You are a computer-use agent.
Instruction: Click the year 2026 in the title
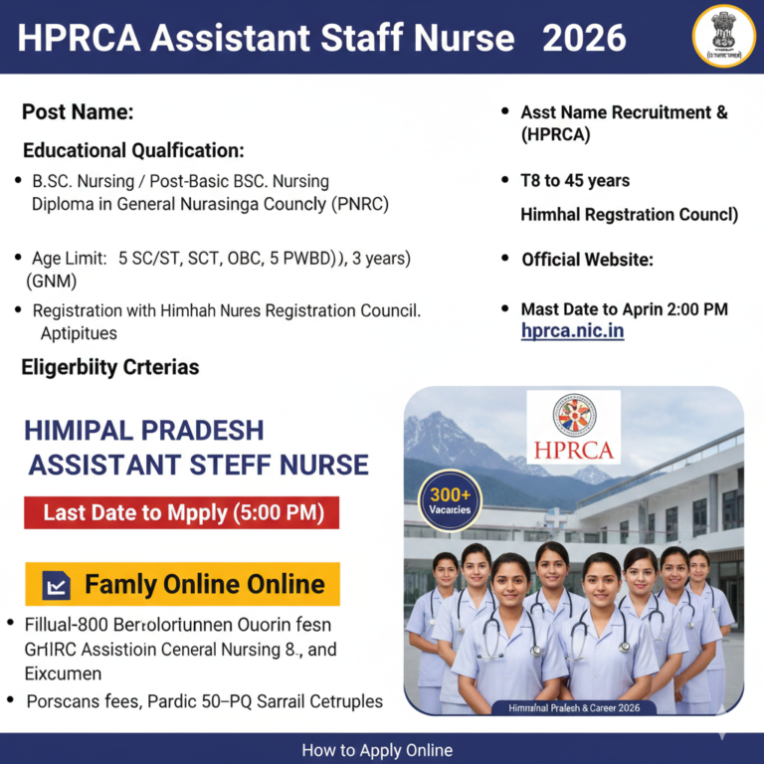pos(584,38)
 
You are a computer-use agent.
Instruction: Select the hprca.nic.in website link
pos(572,331)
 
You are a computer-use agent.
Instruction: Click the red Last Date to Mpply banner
pos(182,513)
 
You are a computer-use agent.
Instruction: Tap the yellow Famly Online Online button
pos(182,584)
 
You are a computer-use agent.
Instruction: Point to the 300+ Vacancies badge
pos(450,500)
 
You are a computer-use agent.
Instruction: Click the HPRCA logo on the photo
pos(574,427)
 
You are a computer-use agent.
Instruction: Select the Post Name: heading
pos(78,111)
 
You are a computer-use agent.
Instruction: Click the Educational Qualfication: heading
pos(133,151)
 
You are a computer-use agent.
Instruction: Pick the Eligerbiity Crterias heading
pos(110,367)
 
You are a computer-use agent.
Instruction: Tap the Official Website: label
pos(587,260)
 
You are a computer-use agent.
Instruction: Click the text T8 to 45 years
pos(575,181)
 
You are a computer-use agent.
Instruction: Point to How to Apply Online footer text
pos(377,750)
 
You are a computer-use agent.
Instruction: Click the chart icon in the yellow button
pos(57,585)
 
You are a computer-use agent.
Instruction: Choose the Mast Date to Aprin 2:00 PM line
pos(624,309)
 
